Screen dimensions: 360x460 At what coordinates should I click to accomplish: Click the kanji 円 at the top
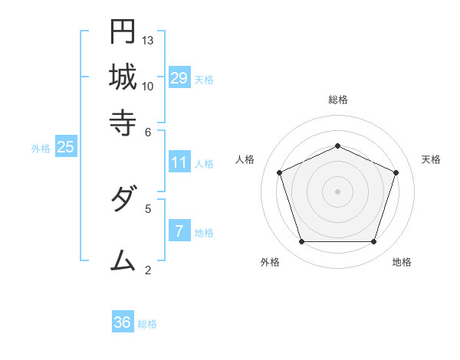coord(123,31)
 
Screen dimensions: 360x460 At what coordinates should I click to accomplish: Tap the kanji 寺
coord(123,123)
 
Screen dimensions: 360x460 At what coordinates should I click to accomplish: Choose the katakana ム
coord(123,260)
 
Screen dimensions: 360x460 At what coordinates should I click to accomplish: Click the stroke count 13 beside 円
coord(148,40)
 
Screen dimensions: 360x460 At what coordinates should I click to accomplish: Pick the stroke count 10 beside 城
coord(148,86)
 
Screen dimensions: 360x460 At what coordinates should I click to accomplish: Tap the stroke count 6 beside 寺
coord(148,131)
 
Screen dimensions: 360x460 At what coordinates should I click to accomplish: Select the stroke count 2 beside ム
coord(148,269)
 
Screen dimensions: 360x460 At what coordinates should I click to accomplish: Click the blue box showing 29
coord(179,78)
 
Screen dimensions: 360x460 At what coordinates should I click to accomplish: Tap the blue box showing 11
coord(179,162)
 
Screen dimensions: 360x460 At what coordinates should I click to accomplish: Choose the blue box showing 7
coord(179,231)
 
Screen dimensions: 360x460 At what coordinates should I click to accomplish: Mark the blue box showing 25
coord(65,148)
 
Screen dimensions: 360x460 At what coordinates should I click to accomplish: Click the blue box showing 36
coord(122,322)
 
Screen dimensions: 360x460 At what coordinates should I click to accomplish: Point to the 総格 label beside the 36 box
coord(147,324)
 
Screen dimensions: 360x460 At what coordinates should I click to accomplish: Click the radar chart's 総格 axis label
coord(337,100)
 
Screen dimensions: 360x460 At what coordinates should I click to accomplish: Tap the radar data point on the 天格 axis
coord(396,172)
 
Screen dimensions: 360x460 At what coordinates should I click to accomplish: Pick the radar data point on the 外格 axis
coord(301,242)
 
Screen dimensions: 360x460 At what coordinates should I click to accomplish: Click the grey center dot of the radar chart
coord(337,191)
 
